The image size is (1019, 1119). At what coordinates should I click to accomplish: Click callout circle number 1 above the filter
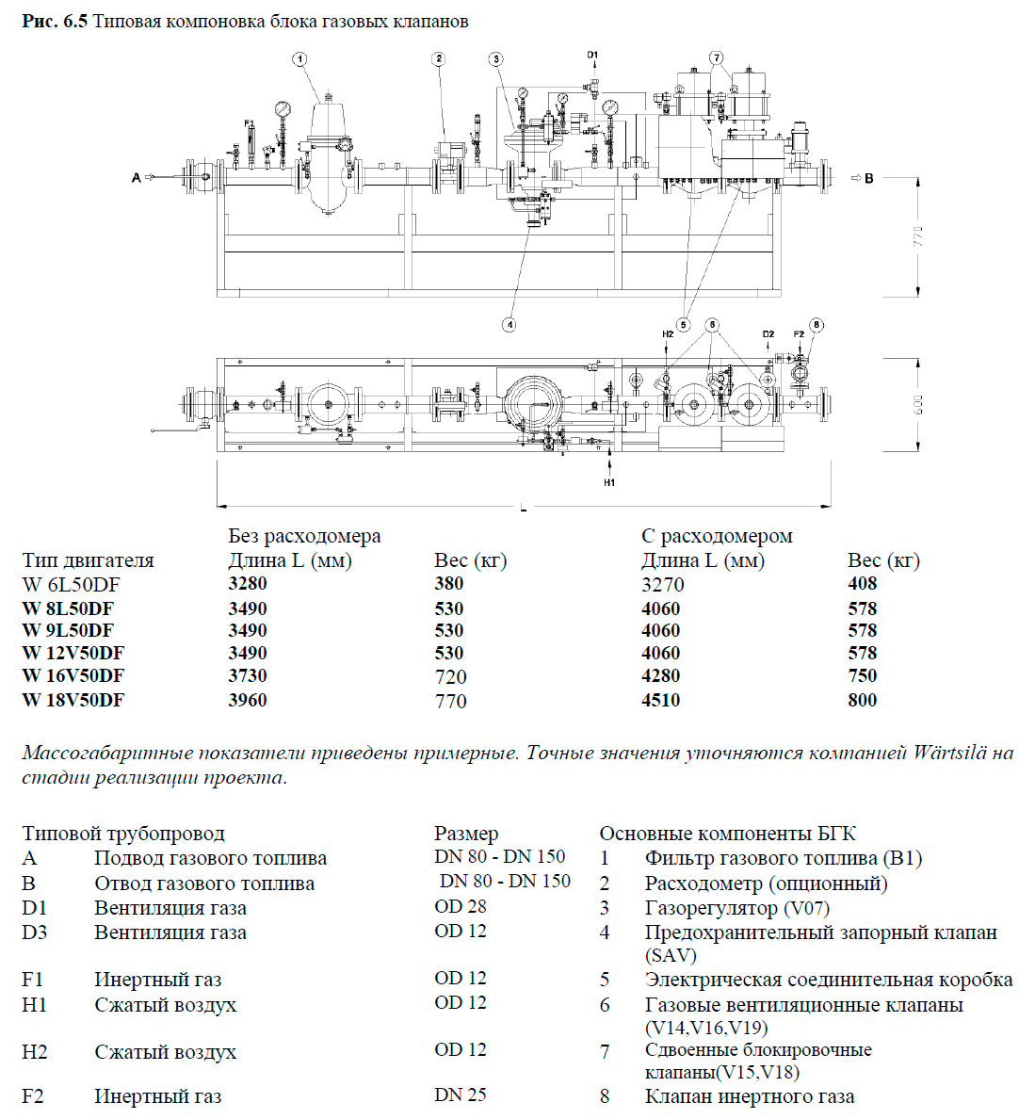pyautogui.click(x=299, y=59)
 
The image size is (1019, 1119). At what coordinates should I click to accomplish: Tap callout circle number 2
pyautogui.click(x=439, y=59)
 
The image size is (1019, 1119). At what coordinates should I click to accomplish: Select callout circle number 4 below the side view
pyautogui.click(x=509, y=324)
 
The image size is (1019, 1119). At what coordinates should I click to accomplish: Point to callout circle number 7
pyautogui.click(x=717, y=58)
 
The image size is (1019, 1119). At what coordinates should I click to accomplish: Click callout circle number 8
pyautogui.click(x=816, y=325)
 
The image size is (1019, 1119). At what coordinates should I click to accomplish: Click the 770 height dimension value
pyautogui.click(x=919, y=236)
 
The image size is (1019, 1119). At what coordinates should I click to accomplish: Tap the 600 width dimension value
pyautogui.click(x=919, y=405)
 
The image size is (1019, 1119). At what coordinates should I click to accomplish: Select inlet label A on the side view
pyautogui.click(x=137, y=177)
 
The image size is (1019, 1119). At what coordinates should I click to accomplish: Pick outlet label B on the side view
pyautogui.click(x=868, y=177)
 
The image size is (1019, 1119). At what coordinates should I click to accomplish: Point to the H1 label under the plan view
pyautogui.click(x=609, y=482)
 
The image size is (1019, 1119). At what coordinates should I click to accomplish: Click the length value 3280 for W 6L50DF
pyautogui.click(x=248, y=584)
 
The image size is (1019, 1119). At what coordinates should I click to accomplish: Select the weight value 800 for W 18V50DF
pyautogui.click(x=862, y=700)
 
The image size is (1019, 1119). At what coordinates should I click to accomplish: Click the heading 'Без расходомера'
pyautogui.click(x=304, y=536)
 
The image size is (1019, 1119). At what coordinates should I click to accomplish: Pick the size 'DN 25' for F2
pyautogui.click(x=461, y=1095)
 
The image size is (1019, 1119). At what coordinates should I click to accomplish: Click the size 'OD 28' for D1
pyautogui.click(x=461, y=906)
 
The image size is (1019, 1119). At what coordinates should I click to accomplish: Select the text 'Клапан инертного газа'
pyautogui.click(x=750, y=1096)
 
